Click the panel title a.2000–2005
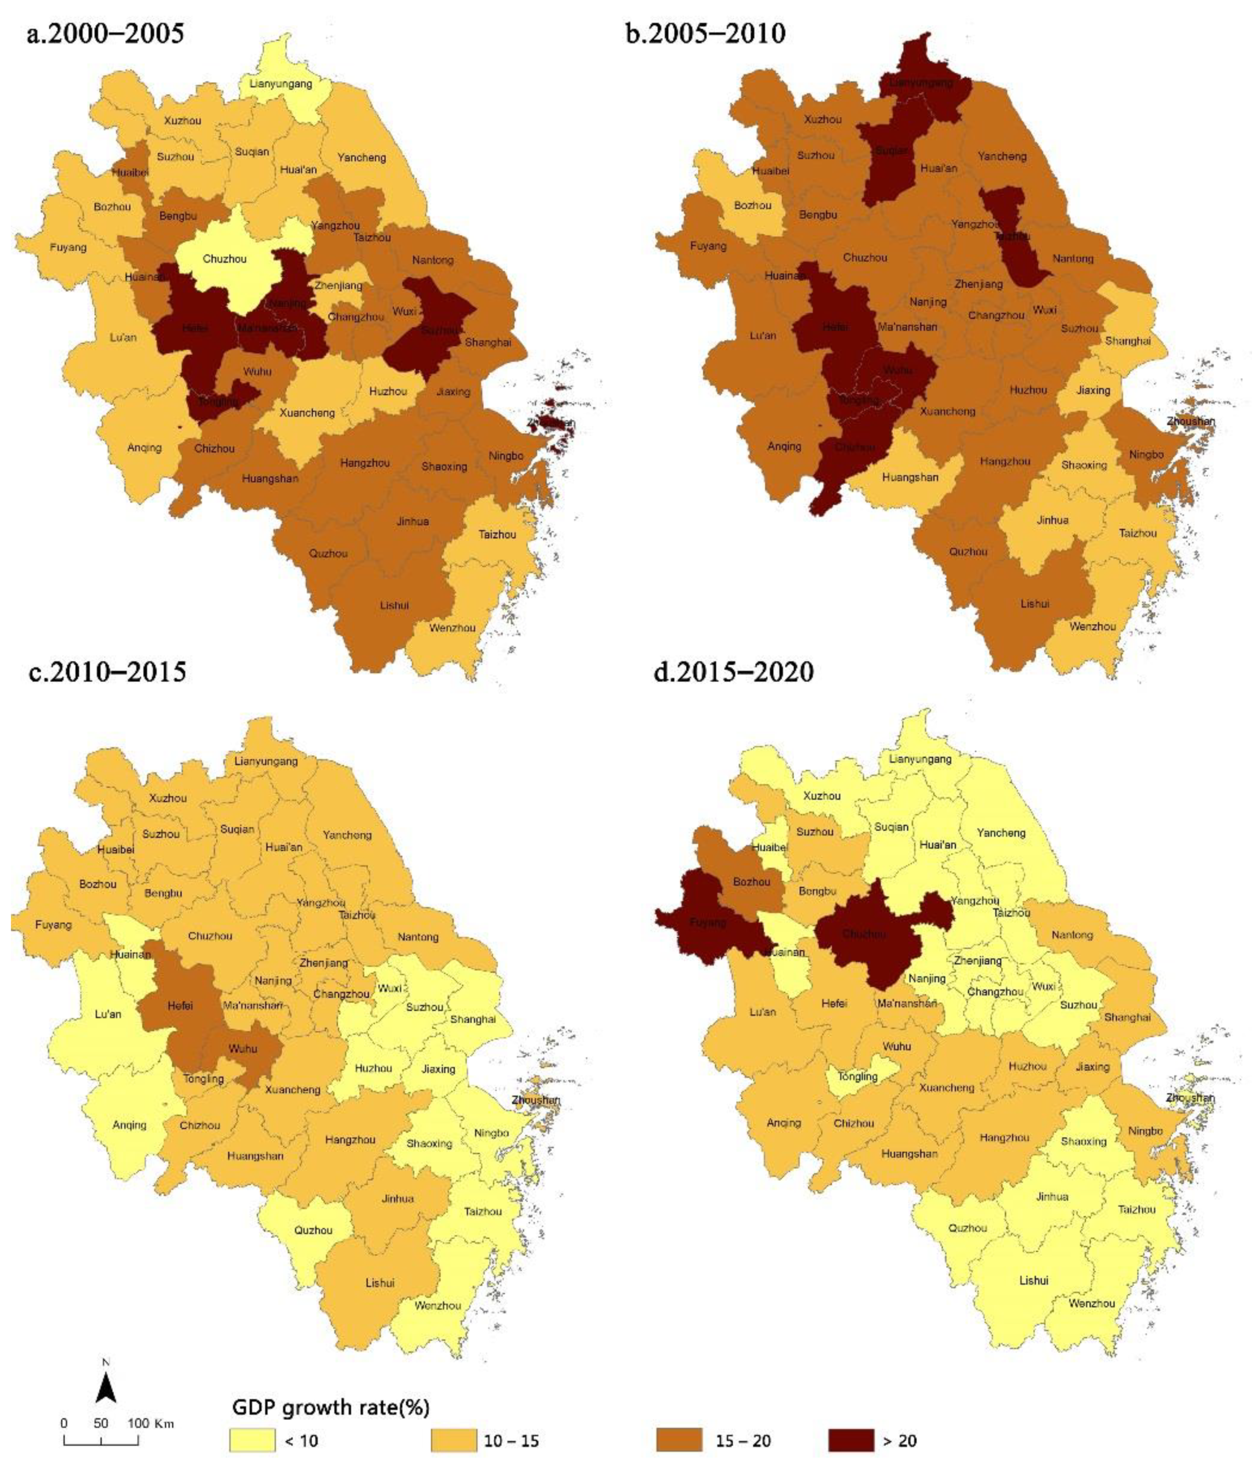click(105, 33)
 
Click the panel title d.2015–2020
click(733, 671)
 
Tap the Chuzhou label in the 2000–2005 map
click(225, 258)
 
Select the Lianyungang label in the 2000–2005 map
click(281, 84)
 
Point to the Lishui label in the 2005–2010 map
click(1034, 604)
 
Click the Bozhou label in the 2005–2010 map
click(752, 205)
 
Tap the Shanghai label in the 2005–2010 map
click(1128, 341)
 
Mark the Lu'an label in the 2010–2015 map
click(108, 1014)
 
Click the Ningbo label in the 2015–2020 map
click(1145, 1131)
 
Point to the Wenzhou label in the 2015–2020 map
click(1092, 1304)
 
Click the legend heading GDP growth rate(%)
click(331, 1407)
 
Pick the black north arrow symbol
click(106, 1388)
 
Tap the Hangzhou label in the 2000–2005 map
click(365, 463)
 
